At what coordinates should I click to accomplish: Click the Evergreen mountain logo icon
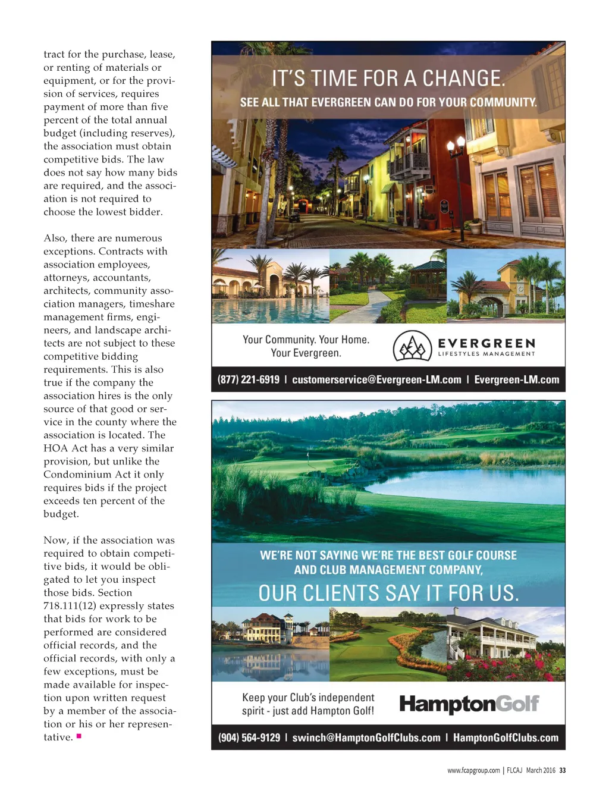(x=412, y=346)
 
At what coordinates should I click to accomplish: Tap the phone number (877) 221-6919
(x=248, y=379)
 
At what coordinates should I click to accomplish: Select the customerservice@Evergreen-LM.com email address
(x=376, y=379)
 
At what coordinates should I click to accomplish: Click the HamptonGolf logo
(x=469, y=704)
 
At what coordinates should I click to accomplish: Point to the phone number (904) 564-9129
(x=249, y=737)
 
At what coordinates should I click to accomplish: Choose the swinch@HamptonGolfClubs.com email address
(x=366, y=737)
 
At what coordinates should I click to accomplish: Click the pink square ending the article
(x=79, y=736)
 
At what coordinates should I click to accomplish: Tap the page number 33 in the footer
(x=563, y=770)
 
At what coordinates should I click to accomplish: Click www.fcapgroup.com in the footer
(x=473, y=770)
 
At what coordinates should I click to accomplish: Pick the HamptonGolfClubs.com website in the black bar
(x=506, y=737)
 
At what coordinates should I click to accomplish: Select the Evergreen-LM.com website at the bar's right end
(x=516, y=379)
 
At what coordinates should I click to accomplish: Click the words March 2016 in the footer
(x=541, y=770)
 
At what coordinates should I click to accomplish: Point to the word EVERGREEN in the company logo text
(x=486, y=343)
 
